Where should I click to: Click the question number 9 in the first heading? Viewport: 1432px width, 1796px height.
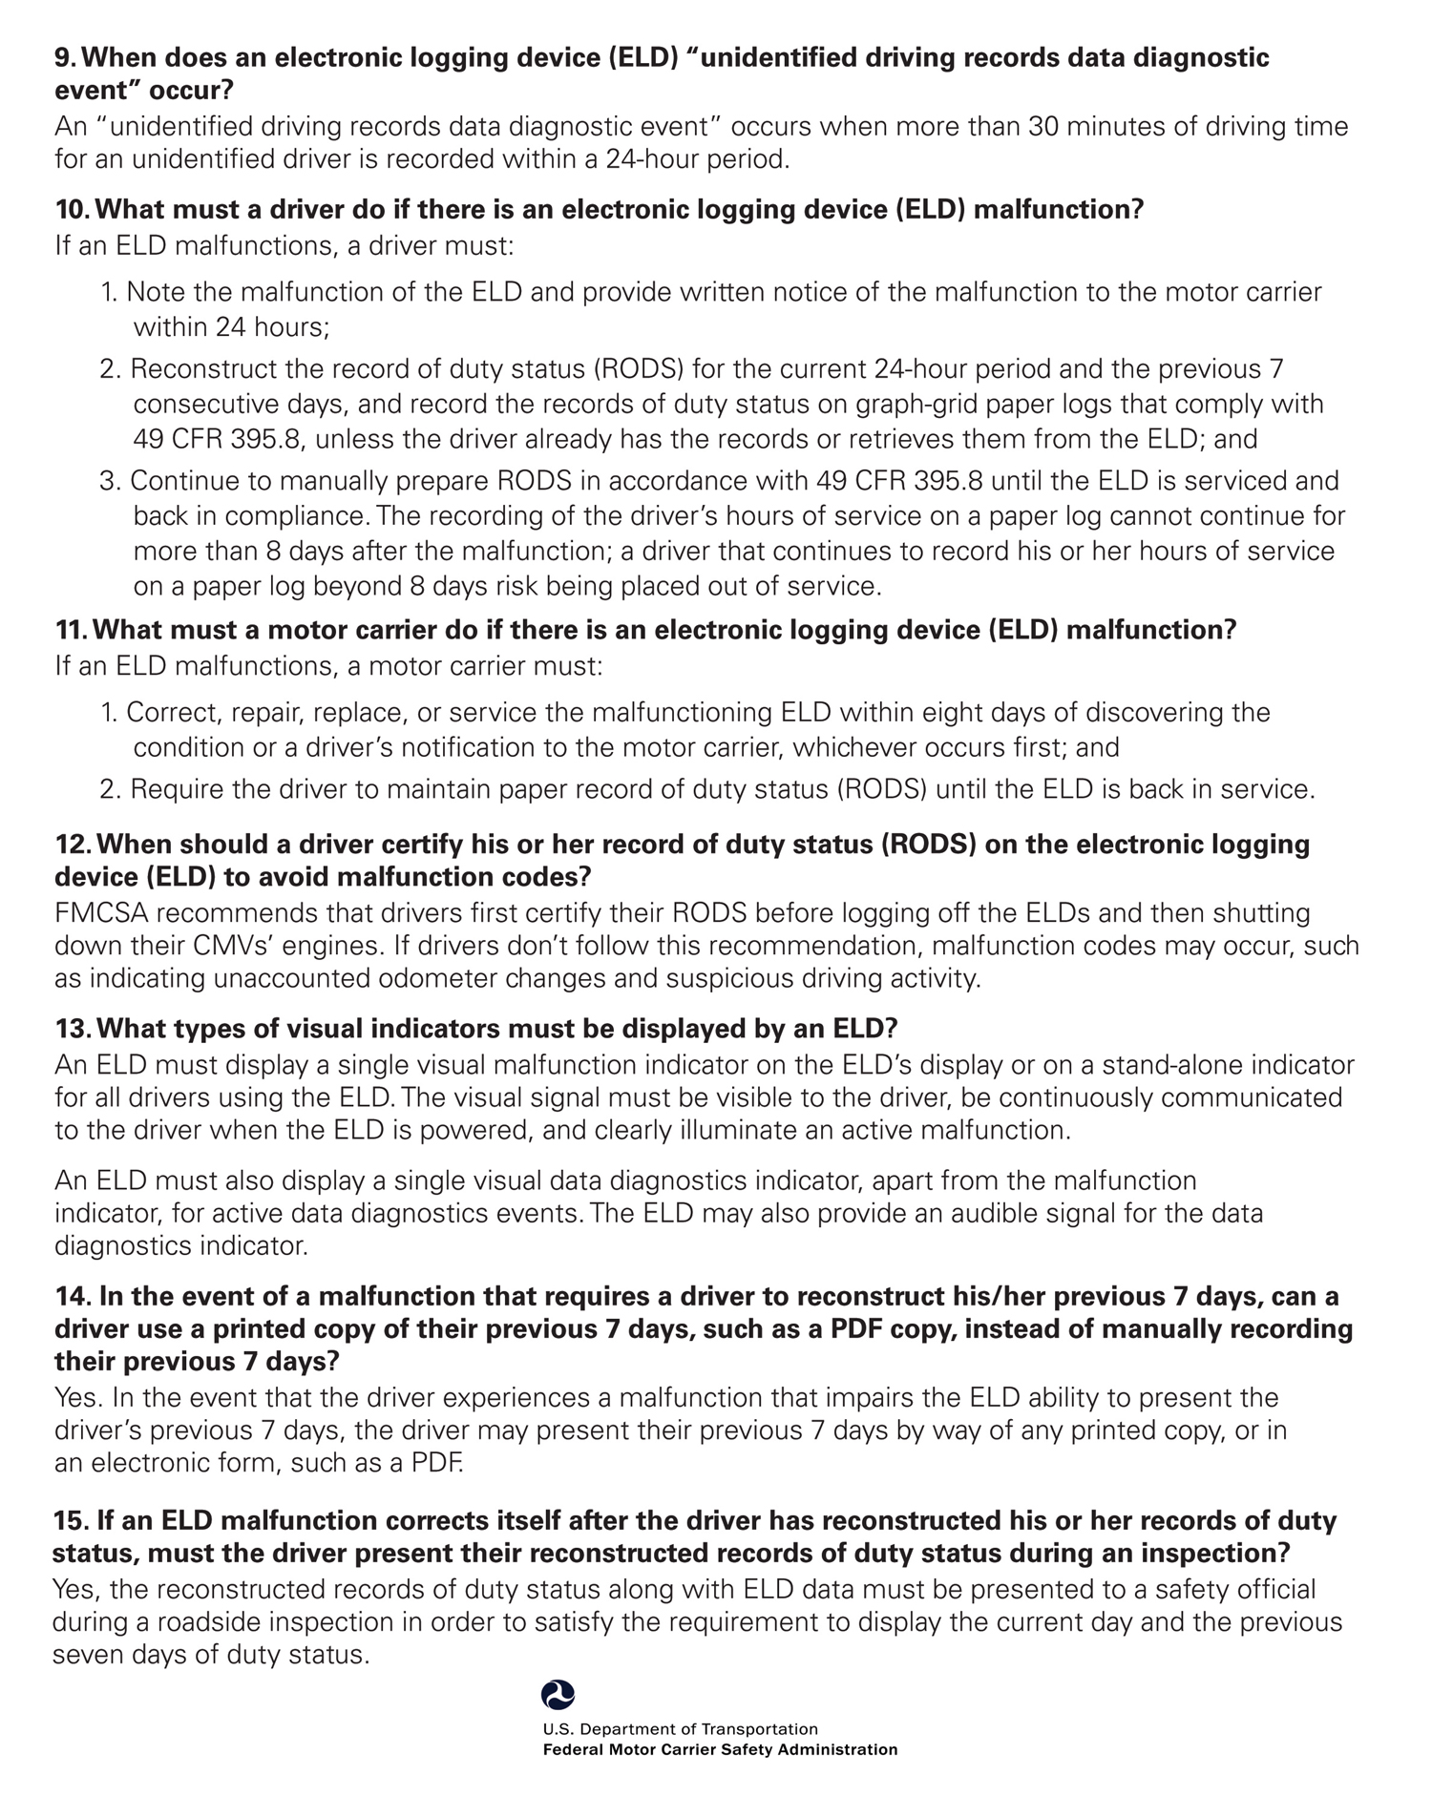point(64,58)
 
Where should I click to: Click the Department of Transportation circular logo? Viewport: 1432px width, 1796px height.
point(558,1695)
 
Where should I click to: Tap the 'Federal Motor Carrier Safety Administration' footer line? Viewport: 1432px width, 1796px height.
point(720,1749)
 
